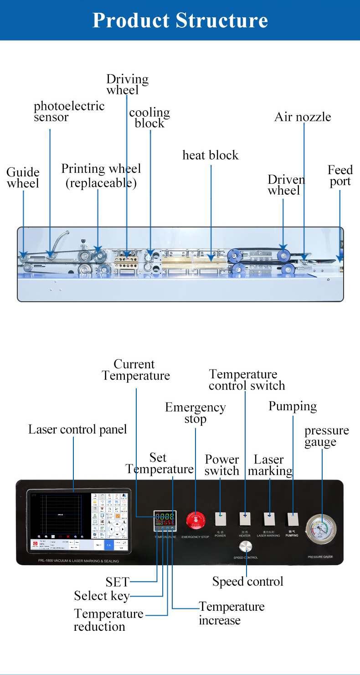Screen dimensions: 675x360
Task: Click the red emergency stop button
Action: tap(195, 520)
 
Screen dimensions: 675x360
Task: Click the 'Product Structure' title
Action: tap(180, 20)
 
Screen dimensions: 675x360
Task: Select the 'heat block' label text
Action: tap(211, 155)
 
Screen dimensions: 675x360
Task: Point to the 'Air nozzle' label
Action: tap(303, 117)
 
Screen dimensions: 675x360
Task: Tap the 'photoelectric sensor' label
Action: tap(69, 112)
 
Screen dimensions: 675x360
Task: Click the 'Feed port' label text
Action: tap(340, 176)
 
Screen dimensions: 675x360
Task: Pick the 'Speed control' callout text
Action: tap(248, 582)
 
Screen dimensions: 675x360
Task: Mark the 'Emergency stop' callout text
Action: tap(195, 413)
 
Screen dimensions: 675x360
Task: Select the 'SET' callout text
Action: tap(118, 582)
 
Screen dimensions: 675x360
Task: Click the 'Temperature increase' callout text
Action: tap(231, 613)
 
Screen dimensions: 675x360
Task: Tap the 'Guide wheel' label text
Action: tap(23, 178)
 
